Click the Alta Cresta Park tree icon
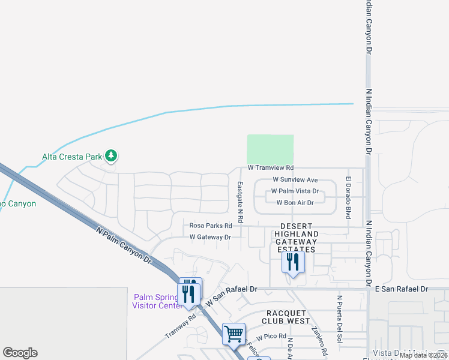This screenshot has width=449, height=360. [111, 157]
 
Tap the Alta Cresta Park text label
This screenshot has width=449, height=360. [72, 157]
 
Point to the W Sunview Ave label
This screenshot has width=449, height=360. [295, 180]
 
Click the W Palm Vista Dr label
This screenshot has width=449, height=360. [295, 191]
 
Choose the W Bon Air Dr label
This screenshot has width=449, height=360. [295, 203]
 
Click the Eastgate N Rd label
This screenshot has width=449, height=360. [240, 202]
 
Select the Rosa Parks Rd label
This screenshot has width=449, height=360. [211, 226]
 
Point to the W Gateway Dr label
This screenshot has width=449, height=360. [210, 238]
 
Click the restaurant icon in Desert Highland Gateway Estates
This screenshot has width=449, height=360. [293, 262]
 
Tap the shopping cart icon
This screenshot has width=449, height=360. [234, 333]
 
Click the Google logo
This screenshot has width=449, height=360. [20, 353]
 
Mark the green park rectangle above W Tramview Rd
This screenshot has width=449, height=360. [270, 149]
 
